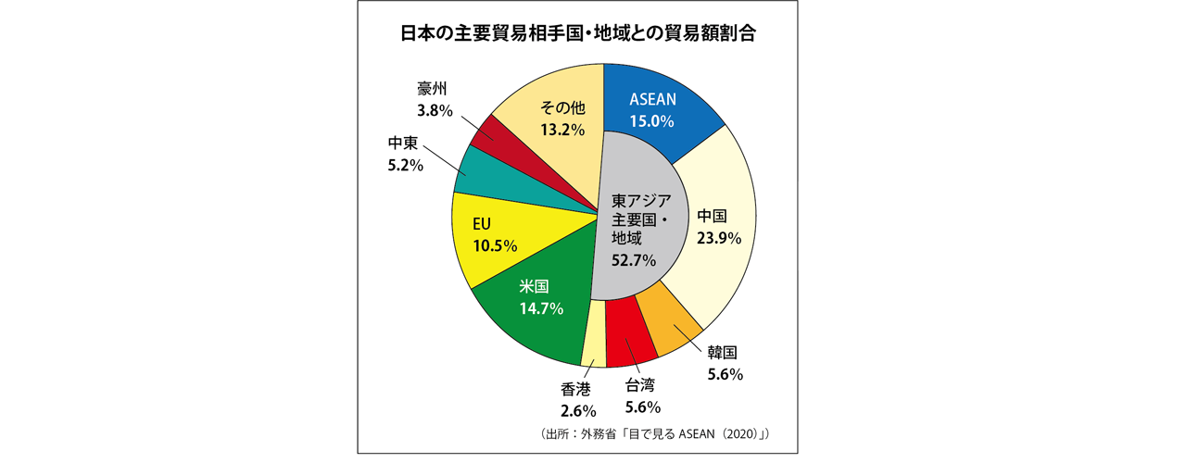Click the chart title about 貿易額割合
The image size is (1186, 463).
[578, 34]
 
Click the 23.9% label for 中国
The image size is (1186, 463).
[718, 238]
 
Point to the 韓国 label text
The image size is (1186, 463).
[722, 353]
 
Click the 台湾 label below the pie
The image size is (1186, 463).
[640, 385]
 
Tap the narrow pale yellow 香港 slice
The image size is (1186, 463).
[593, 348]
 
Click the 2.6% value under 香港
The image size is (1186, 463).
[577, 409]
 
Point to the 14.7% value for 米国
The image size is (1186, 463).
[541, 309]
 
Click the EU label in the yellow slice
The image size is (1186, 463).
[481, 225]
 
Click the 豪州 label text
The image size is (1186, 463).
[432, 89]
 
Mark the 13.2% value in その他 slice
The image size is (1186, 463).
[562, 130]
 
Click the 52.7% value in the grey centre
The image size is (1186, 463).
[634, 261]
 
